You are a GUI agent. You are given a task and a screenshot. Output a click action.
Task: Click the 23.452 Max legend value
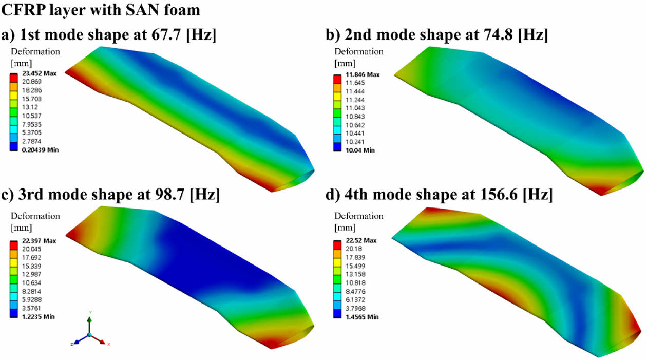(39, 73)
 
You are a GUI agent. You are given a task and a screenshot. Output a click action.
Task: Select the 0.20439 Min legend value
(40, 149)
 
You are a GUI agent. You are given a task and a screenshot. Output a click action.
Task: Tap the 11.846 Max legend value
(363, 74)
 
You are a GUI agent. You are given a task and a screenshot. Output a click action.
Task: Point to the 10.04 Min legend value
(360, 150)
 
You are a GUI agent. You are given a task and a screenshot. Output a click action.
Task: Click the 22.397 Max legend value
(39, 241)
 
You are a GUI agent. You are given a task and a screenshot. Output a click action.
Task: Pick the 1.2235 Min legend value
(38, 317)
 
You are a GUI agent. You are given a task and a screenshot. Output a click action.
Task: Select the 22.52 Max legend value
(361, 240)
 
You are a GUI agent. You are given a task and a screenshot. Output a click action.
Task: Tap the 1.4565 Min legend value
(362, 317)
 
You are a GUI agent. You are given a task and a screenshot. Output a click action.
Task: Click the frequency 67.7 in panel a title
(166, 35)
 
